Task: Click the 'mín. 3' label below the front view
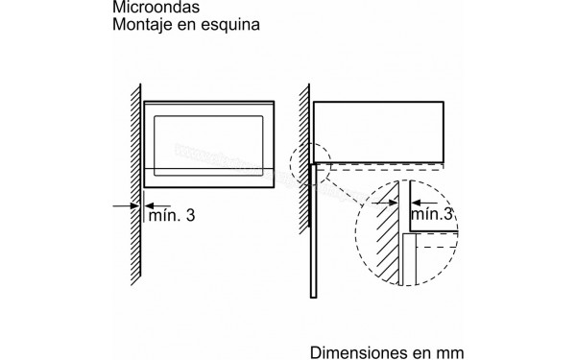click(170, 216)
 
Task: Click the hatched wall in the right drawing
click(303, 192)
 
